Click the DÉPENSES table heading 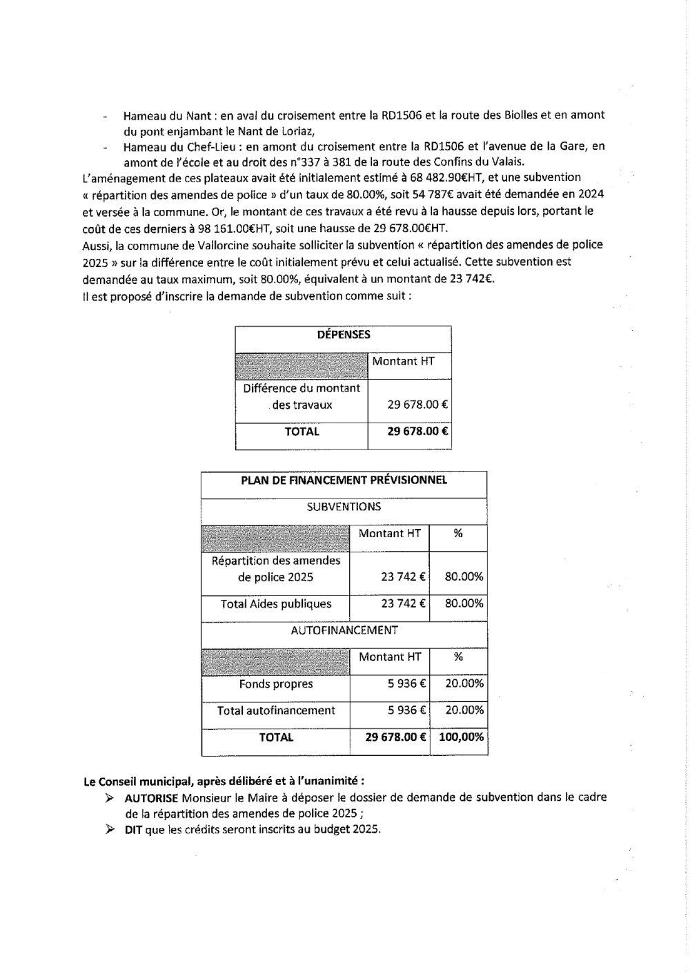(344, 335)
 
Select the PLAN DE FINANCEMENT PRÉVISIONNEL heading (344, 480)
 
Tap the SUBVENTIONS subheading (344, 507)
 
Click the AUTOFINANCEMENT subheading (344, 630)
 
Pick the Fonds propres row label (276, 684)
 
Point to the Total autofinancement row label (276, 710)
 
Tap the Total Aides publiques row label (276, 604)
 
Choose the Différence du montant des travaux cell (302, 396)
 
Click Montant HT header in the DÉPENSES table (403, 361)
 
